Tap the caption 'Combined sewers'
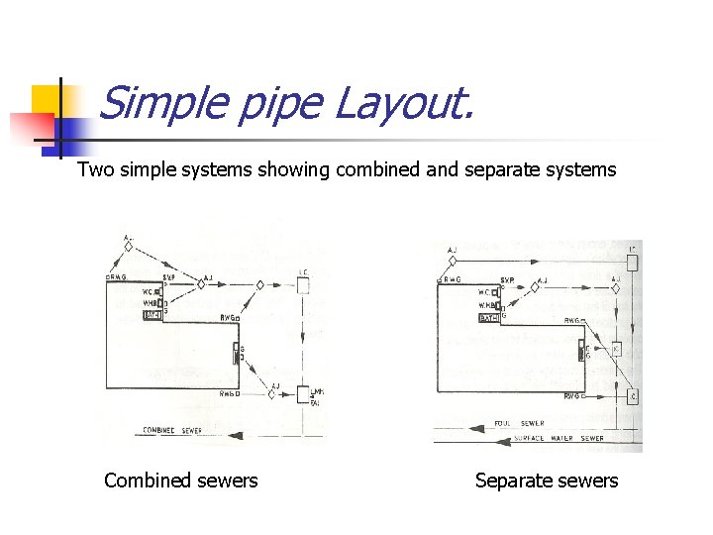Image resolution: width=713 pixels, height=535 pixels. click(180, 481)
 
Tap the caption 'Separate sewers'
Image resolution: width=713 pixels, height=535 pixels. click(547, 481)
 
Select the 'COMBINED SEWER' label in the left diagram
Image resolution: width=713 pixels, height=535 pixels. click(172, 431)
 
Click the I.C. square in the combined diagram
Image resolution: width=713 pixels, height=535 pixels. click(304, 285)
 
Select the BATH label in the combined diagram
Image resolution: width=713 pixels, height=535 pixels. click(152, 314)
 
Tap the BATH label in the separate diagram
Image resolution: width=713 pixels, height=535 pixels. click(487, 318)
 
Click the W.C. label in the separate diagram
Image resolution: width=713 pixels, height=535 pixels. click(485, 292)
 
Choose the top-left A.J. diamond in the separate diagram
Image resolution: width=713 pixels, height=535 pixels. click(453, 261)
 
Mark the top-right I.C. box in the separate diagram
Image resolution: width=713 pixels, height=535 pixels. click(633, 263)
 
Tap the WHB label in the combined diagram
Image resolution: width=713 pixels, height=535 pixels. click(151, 303)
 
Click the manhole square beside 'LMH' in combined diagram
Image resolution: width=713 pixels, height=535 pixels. click(303, 394)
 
